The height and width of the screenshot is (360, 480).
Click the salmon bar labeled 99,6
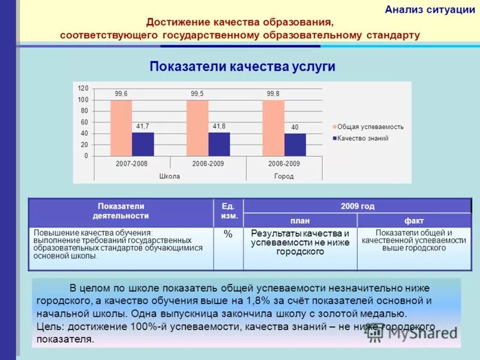121,128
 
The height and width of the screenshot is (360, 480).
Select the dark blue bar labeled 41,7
143,145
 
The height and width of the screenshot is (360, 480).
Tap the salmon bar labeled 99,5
197,128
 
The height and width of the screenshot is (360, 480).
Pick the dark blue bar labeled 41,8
219,145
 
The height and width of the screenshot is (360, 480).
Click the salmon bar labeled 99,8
273,128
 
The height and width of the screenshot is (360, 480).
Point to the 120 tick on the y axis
83,88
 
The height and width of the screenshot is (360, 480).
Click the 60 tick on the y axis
84,122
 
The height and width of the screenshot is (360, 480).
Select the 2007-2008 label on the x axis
132,164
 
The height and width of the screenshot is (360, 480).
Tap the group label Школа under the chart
170,176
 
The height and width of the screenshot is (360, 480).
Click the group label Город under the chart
284,176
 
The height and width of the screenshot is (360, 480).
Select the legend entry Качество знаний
362,139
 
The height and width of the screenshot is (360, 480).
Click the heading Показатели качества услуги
242,67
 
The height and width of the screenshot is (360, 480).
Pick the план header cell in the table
300,221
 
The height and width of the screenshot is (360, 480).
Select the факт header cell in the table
414,221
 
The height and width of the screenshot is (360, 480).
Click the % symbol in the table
228,235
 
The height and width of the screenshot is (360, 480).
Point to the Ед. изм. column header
229,211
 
